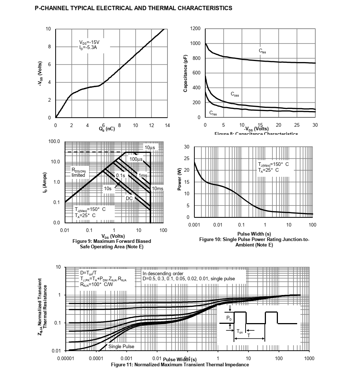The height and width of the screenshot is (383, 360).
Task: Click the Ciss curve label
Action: coord(262,51)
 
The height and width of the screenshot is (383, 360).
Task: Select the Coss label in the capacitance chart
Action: coord(235,94)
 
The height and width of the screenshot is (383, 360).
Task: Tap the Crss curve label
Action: coord(213,114)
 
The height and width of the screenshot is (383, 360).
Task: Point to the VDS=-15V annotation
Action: coord(89,42)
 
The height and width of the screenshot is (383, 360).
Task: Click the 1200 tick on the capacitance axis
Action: coord(195,29)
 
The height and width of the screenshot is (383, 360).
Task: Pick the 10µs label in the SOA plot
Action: coord(150,147)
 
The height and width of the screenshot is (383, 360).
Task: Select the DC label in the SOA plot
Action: coord(129,198)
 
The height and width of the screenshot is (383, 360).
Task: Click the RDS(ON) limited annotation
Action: coord(78,172)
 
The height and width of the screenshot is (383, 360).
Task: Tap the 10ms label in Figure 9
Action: coord(157,188)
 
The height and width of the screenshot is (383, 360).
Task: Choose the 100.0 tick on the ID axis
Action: coord(54,141)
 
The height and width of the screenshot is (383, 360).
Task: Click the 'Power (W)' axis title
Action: coord(179,182)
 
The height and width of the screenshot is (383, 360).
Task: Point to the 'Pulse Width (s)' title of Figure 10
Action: coord(254,234)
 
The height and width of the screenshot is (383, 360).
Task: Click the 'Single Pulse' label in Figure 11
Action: coord(121,346)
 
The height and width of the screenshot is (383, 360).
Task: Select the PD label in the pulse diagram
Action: coord(228,318)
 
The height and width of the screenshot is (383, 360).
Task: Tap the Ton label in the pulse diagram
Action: coord(240,331)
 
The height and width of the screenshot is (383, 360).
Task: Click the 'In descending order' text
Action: coord(163,273)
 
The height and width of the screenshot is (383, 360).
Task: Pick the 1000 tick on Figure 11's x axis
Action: coord(309,359)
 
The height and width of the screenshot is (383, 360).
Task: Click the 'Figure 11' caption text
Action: coord(180,364)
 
